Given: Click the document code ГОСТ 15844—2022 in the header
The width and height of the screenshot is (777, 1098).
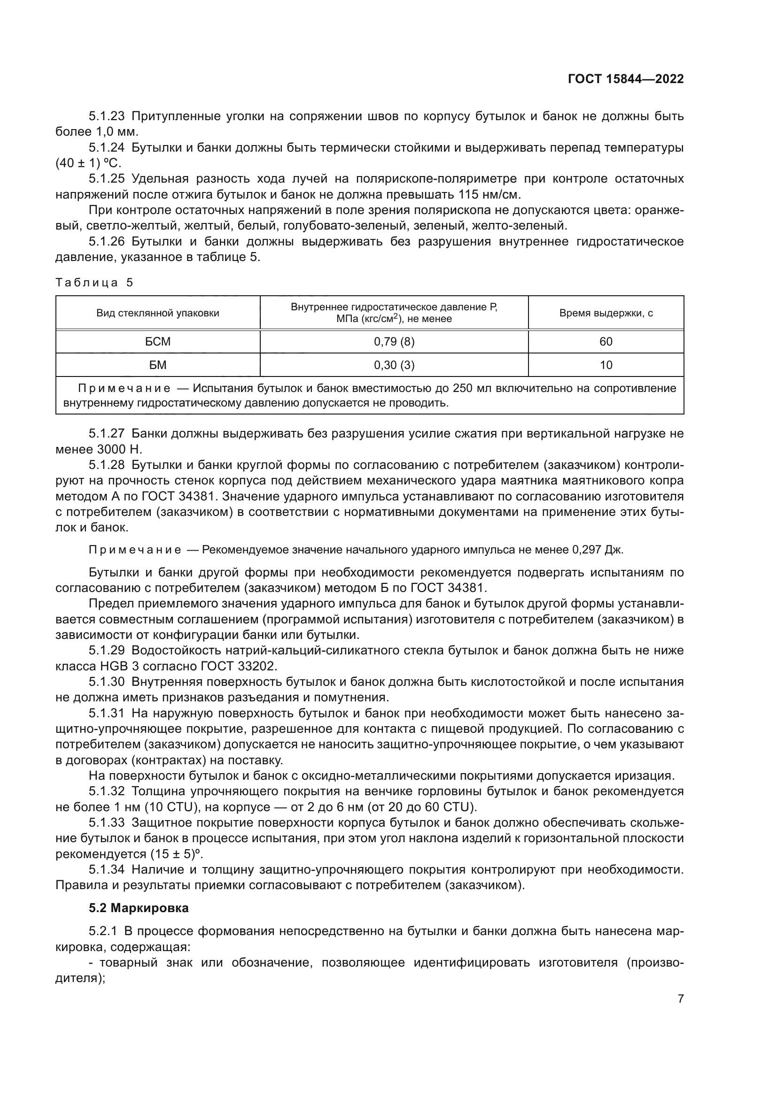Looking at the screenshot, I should click(625, 79).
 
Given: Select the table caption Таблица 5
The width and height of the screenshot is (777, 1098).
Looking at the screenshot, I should click(94, 283).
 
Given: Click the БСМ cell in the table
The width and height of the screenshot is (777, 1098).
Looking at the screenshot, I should click(158, 341).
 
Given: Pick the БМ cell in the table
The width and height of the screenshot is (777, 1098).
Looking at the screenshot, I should click(158, 365).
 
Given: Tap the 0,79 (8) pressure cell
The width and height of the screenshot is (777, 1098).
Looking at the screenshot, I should click(394, 341).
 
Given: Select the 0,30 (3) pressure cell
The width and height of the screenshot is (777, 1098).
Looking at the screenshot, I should click(394, 365).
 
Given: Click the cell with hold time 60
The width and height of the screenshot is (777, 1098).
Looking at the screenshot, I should click(606, 341).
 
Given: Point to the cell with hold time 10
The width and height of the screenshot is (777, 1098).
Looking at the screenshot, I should click(606, 365).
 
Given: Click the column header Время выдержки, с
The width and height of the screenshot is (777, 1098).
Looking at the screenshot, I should click(606, 313).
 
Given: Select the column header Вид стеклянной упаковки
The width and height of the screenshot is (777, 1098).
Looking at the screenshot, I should click(158, 313).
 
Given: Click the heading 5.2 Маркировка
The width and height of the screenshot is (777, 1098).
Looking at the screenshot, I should click(139, 908).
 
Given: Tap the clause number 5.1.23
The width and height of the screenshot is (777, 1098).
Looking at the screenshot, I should click(106, 116).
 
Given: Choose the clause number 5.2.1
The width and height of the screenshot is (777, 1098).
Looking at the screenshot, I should click(102, 931).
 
